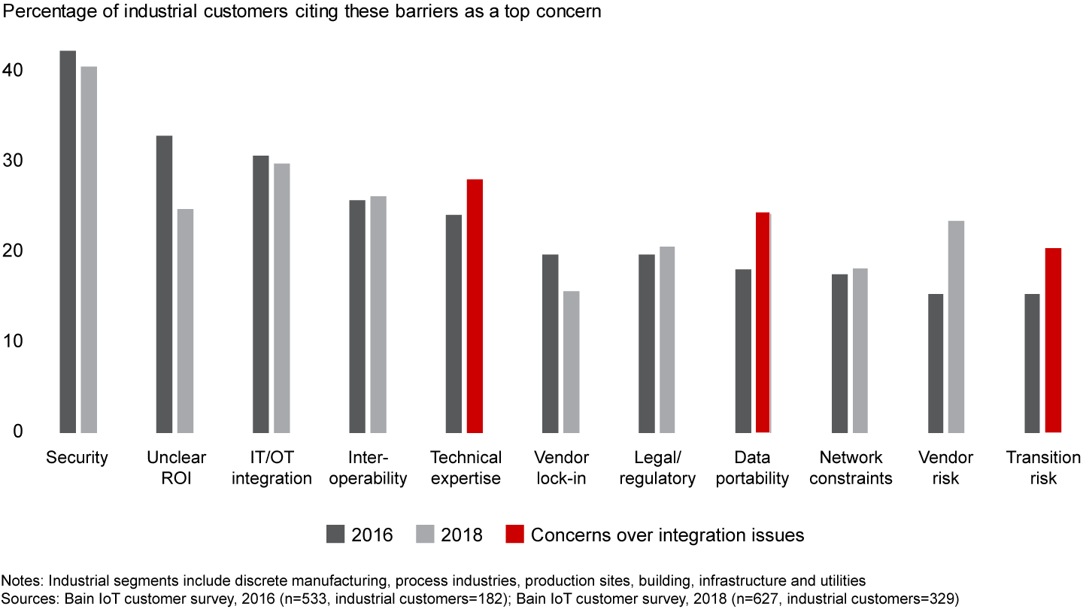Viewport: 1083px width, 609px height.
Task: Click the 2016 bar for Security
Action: coord(68,241)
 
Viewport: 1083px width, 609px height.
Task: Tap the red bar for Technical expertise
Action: coord(475,306)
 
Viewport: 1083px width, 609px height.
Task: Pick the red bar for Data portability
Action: coord(763,323)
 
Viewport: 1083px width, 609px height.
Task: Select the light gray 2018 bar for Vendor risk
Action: coord(956,326)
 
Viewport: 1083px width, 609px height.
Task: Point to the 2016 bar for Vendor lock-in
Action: coord(551,344)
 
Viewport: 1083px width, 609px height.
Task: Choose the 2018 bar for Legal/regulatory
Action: coord(667,339)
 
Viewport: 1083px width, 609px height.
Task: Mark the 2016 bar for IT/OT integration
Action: coord(261,294)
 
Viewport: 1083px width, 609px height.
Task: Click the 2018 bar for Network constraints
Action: coord(860,350)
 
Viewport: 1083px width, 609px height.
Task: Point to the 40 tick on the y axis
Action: coord(14,71)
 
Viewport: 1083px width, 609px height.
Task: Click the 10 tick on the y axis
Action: coord(14,341)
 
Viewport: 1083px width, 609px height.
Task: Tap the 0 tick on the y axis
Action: coord(19,432)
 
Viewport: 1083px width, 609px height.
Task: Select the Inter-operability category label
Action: coord(367,468)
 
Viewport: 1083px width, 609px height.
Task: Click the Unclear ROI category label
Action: coord(177,468)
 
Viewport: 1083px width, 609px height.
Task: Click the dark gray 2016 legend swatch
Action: coord(335,535)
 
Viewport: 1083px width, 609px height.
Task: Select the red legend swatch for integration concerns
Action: coord(515,535)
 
